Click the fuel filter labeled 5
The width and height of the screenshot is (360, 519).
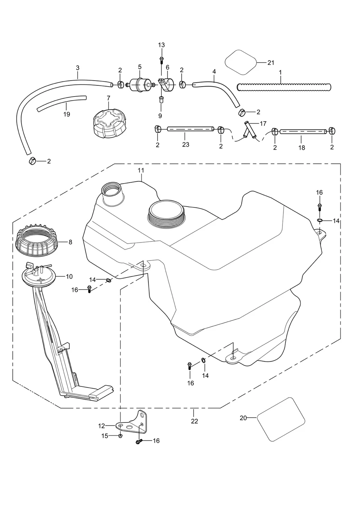(139, 84)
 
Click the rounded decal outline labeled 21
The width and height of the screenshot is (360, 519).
(241, 62)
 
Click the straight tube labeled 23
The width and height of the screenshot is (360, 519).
(190, 129)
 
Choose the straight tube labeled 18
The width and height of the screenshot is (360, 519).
(303, 131)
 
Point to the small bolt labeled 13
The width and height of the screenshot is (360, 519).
(161, 60)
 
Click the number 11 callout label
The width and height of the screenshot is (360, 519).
(141, 170)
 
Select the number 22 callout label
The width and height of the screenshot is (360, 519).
(195, 421)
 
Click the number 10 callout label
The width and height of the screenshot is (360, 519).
(69, 276)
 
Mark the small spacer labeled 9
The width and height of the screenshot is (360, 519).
(161, 100)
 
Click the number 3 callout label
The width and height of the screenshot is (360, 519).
(78, 68)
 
